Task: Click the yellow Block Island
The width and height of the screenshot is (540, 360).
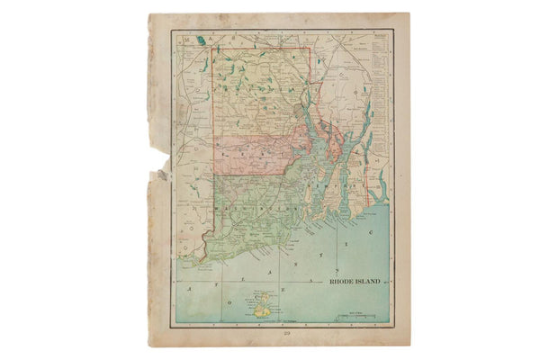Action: click(261, 310)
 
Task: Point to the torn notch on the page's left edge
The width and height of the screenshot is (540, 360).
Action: click(164, 174)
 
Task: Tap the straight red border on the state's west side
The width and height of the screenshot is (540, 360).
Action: click(212, 135)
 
